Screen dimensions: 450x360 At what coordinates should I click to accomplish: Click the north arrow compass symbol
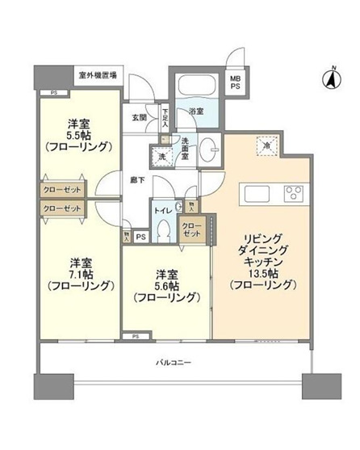(330, 78)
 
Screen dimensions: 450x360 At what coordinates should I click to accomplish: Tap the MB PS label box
(236, 84)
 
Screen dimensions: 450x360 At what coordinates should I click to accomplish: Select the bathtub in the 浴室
(195, 86)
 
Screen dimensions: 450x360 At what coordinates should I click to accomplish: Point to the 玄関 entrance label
(140, 116)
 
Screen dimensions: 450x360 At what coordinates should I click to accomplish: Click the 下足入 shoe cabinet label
(165, 117)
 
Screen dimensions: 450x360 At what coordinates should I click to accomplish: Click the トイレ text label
(161, 208)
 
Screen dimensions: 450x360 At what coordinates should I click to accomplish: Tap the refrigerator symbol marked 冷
(266, 146)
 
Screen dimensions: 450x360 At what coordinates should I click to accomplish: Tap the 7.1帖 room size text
(78, 275)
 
